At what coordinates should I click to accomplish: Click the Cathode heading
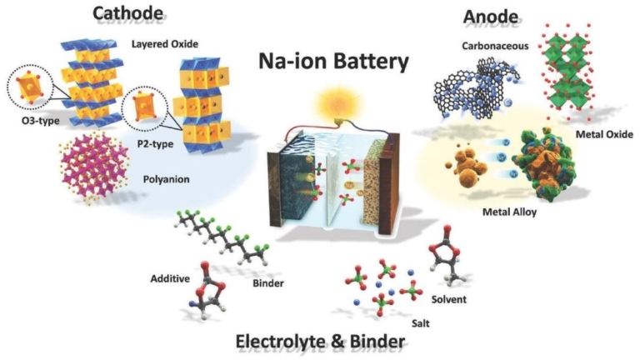click(127, 12)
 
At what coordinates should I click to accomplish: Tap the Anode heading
click(491, 17)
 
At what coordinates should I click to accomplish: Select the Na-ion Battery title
click(333, 61)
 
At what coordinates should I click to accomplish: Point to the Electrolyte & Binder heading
click(320, 341)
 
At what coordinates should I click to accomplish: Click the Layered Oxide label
click(165, 44)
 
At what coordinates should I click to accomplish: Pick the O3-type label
click(40, 120)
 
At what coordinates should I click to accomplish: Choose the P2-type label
click(155, 143)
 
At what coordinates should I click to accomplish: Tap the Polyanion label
click(166, 179)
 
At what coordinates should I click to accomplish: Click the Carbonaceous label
click(495, 46)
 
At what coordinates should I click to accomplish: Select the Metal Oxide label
click(604, 134)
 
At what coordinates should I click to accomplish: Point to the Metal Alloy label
click(509, 212)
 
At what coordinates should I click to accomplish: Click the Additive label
click(170, 279)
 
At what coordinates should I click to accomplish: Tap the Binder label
click(268, 283)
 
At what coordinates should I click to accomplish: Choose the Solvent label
click(449, 299)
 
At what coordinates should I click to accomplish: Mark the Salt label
click(420, 323)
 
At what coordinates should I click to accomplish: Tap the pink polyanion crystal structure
click(93, 167)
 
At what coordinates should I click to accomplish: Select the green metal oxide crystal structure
click(566, 72)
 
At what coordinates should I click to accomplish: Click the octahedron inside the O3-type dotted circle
click(29, 87)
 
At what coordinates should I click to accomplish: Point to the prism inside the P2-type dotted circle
click(144, 106)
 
